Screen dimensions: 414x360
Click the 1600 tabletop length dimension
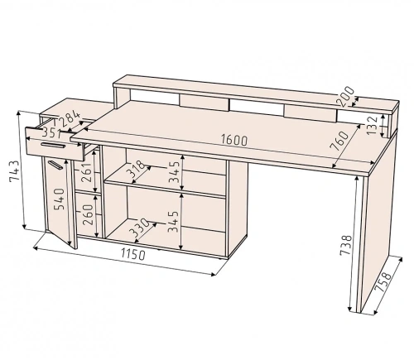(x=234, y=140)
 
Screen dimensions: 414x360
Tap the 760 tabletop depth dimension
(x=340, y=141)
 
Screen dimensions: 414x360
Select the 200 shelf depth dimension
(x=345, y=96)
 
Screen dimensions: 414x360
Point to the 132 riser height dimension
(x=373, y=126)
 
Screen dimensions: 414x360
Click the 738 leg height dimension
(x=345, y=246)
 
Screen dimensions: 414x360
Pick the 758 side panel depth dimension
(x=383, y=282)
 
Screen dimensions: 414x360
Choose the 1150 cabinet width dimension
(x=132, y=254)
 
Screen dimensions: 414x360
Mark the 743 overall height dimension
(x=14, y=171)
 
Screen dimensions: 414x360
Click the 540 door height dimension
(x=60, y=199)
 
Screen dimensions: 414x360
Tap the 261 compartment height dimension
(x=86, y=172)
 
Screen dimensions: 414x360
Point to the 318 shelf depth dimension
(x=136, y=169)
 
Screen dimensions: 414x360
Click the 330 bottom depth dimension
(x=140, y=228)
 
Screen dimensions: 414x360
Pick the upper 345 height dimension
(x=175, y=171)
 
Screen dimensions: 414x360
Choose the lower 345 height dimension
(x=174, y=222)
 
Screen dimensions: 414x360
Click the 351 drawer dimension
(x=51, y=133)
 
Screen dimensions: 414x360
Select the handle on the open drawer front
(x=53, y=145)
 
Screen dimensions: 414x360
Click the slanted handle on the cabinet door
(x=55, y=165)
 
